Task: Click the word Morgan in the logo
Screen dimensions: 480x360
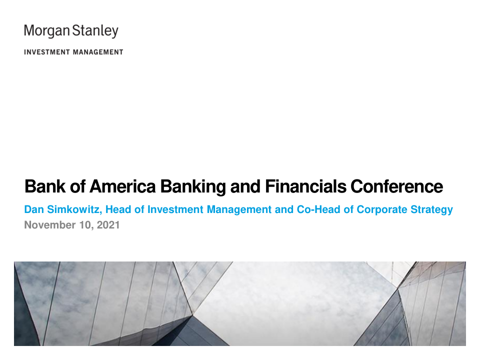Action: (47, 31)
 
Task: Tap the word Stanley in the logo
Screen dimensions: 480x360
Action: (95, 31)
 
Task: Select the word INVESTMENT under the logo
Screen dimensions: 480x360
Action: (47, 52)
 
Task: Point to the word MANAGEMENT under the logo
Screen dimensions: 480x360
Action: (98, 52)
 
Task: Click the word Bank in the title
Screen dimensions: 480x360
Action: (44, 186)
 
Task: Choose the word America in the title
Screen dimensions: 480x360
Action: (122, 186)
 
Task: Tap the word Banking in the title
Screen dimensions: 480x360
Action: (193, 187)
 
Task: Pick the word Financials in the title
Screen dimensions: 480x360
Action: (306, 186)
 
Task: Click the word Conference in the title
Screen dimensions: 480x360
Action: (396, 186)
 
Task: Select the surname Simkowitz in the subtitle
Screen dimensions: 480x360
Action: (74, 209)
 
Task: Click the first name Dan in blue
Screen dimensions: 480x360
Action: (34, 209)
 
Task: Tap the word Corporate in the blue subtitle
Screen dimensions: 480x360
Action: (381, 210)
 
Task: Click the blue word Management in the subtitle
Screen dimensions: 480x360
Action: (239, 210)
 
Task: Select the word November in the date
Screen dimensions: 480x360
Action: (49, 225)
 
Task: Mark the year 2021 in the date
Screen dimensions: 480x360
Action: (108, 225)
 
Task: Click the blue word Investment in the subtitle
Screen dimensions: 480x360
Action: (175, 209)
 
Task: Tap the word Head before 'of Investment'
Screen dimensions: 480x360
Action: (118, 209)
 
